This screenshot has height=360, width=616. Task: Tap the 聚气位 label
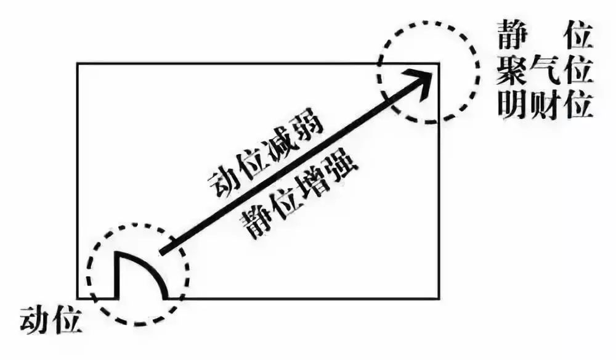tap(545, 72)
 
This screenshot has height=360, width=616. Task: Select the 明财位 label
tap(545, 105)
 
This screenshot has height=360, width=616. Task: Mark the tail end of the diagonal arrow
tap(161, 252)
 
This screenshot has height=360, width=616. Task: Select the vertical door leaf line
tap(116, 275)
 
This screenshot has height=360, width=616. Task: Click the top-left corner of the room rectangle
tap(78, 63)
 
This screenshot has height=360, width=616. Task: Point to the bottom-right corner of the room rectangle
tap(439, 298)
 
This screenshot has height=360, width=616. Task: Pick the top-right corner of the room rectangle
tap(439, 63)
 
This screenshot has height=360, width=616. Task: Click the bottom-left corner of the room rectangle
tap(78, 298)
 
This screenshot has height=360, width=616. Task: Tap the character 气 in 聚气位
tap(545, 72)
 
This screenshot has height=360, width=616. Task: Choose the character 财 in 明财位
tap(545, 105)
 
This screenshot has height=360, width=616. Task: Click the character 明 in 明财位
tap(512, 105)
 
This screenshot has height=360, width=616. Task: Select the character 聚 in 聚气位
tap(512, 72)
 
